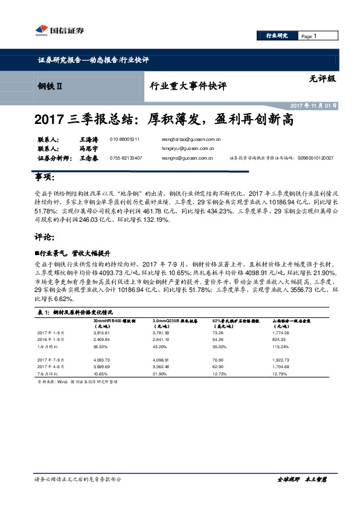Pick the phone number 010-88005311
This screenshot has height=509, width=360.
pos(124,139)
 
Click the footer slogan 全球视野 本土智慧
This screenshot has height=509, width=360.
pos(302,479)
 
